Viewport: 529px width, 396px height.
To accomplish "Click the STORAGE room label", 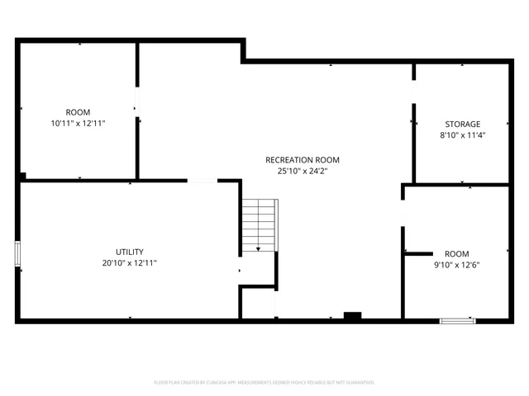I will (461, 125).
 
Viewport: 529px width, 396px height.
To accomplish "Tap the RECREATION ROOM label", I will (302, 160).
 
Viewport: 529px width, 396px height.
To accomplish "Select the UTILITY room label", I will (130, 252).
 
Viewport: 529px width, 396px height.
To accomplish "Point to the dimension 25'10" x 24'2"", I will (302, 172).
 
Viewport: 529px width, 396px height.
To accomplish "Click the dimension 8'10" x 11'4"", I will (461, 135).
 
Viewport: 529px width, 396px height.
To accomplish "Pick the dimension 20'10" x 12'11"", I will (130, 263).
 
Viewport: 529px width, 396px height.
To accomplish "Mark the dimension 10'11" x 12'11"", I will (79, 123).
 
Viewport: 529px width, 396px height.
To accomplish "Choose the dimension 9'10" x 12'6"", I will (456, 265).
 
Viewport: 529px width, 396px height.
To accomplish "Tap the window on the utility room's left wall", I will (17, 253).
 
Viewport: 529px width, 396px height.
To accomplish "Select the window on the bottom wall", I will (457, 320).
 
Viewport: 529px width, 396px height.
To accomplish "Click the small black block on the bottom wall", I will (352, 315).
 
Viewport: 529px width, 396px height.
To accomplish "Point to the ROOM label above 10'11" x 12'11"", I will (79, 112).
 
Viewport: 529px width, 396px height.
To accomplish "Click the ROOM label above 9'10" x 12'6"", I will (456, 253).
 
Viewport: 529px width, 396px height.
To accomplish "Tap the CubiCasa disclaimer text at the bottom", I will (264, 383).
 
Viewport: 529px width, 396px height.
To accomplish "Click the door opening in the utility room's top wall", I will (202, 181).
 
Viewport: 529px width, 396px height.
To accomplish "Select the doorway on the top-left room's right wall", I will (137, 102).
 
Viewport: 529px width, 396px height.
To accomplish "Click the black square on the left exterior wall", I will (21, 176).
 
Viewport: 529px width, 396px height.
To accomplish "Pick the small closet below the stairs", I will (258, 302).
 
